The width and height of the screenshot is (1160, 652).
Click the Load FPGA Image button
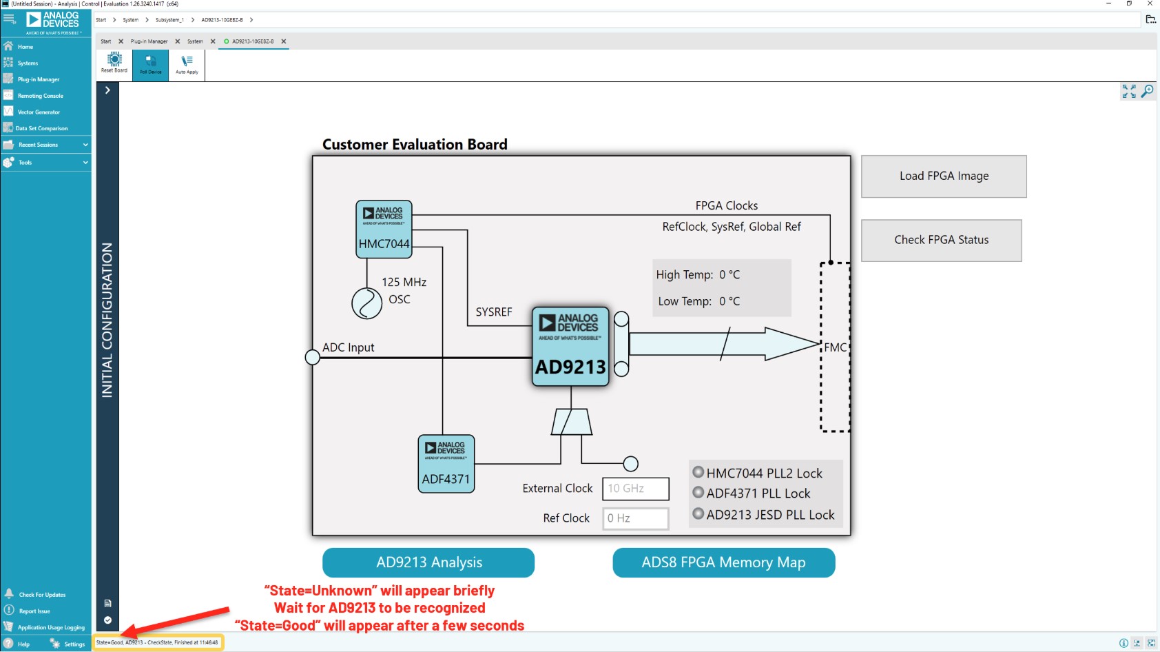point(944,176)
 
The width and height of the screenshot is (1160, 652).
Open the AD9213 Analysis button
point(428,562)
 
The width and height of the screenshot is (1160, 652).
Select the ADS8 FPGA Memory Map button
point(723,562)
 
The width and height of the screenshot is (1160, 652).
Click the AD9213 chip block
point(570,347)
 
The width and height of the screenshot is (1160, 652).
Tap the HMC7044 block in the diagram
point(384,230)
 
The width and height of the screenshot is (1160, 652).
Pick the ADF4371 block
point(446,464)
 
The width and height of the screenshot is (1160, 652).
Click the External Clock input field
point(635,489)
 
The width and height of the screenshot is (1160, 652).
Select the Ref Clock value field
point(635,518)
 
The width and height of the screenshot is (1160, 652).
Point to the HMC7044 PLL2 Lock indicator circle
point(698,472)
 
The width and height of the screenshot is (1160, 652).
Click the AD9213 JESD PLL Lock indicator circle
point(698,513)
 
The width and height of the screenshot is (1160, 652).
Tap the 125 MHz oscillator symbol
point(366,303)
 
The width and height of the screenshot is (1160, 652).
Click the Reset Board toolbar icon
point(114,63)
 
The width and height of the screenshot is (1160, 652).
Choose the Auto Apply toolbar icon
point(187,64)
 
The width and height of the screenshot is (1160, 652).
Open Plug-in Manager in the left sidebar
point(39,79)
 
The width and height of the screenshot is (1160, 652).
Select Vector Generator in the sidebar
point(39,112)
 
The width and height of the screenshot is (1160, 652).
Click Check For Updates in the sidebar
point(42,595)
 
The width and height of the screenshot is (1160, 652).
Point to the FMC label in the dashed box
point(835,347)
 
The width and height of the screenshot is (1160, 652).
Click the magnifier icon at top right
point(1148,91)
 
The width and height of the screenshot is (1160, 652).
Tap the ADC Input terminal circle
point(312,357)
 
